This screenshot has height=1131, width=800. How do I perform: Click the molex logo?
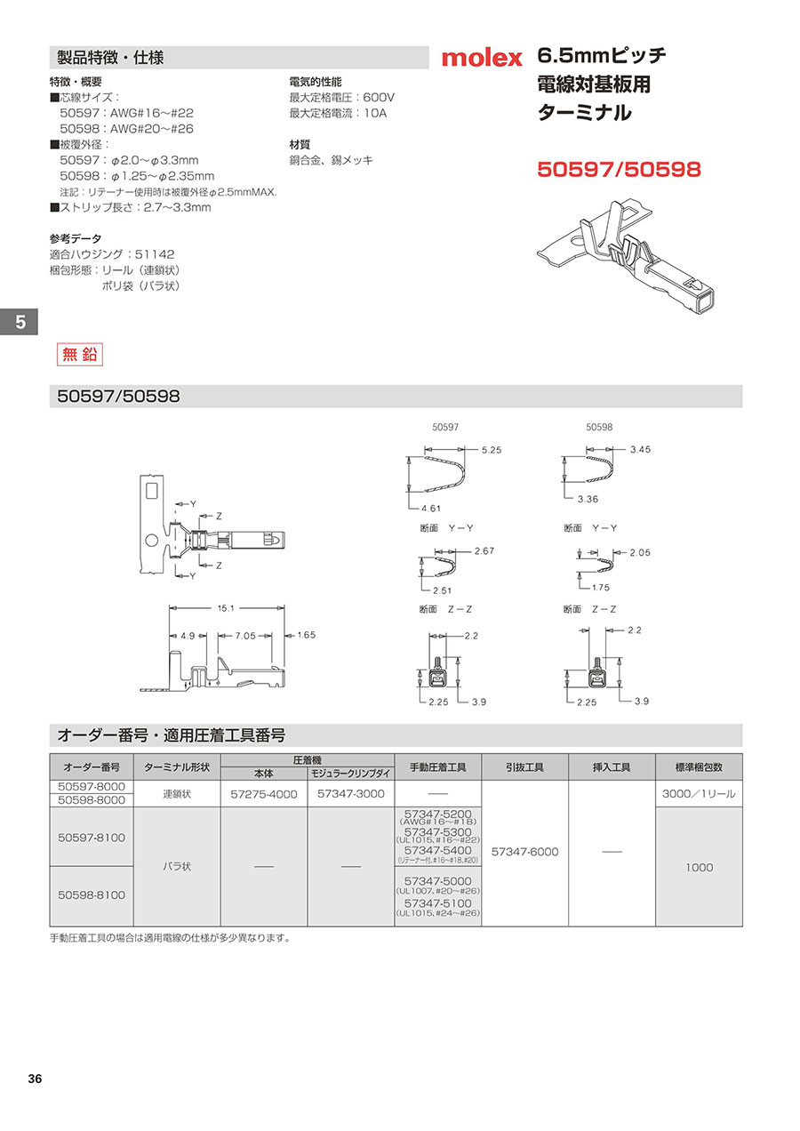coord(483,58)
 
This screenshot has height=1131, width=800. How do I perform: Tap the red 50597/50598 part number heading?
coord(620,169)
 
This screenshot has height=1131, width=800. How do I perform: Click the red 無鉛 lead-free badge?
coord(79,354)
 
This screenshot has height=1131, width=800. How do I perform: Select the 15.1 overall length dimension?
coord(226,608)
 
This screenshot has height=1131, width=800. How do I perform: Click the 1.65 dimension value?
coord(306,635)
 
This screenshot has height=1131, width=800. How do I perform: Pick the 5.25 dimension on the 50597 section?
coord(492,450)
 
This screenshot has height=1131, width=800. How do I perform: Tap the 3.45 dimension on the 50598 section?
coord(639,449)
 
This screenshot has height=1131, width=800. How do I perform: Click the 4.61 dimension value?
coord(430,508)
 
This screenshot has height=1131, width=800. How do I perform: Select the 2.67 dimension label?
coord(484,551)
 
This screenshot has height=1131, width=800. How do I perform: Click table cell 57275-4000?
coord(264,794)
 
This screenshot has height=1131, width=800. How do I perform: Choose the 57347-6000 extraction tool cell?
coord(524,852)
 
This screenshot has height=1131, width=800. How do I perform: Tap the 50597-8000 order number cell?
coord(92,787)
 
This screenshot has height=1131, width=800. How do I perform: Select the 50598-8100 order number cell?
coord(92,894)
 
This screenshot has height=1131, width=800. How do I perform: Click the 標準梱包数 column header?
coord(698,767)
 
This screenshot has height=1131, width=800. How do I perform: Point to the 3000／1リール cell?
coord(698,794)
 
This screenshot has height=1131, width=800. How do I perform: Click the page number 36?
coord(35,1079)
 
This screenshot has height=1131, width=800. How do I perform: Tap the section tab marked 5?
coord(19,322)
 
